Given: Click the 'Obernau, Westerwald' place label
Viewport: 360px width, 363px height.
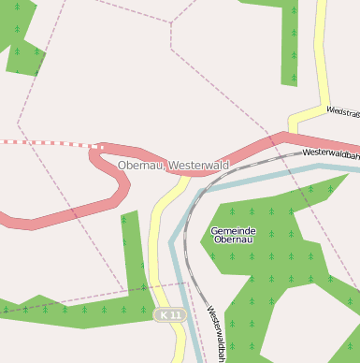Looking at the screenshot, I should (173, 166).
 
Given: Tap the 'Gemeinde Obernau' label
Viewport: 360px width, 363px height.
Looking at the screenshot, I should (233, 235).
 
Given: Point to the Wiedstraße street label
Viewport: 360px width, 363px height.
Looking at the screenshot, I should (342, 111).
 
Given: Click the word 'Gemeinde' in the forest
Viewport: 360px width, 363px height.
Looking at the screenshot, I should (233, 230).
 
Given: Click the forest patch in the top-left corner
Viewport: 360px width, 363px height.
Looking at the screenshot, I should (19, 33).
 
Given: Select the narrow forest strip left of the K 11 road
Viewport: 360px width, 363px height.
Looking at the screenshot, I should (134, 262).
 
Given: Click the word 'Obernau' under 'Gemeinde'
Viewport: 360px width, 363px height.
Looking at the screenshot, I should (233, 240).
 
